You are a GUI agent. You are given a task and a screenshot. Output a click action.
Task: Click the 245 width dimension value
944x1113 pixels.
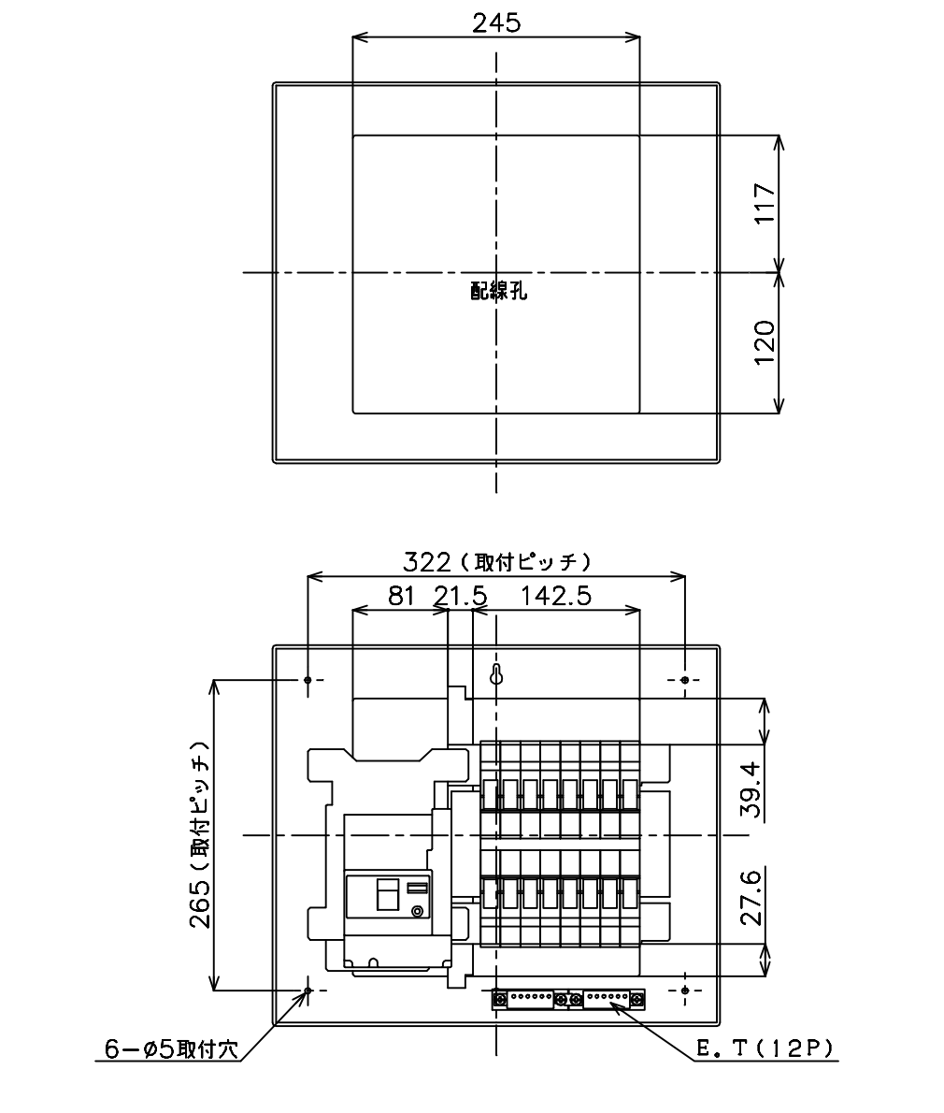pos(495,23)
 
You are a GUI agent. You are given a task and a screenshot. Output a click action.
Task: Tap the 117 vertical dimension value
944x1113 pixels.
pos(765,204)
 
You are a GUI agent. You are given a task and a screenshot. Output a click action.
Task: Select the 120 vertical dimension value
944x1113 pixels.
pos(765,343)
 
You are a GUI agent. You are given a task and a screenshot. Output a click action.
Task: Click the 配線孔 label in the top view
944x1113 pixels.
pos(498,291)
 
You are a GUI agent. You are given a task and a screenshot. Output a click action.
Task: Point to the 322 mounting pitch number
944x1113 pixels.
pos(427,562)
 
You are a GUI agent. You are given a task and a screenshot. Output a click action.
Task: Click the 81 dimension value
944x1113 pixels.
pos(401,596)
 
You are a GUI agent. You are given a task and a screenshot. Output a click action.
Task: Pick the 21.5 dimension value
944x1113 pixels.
pos(461,596)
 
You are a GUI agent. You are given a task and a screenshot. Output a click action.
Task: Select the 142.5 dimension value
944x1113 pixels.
pos(556,596)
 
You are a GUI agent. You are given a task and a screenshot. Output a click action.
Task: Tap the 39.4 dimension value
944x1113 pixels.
pos(751,789)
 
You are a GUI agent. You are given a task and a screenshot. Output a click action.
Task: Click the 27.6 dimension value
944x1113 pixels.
pos(751,897)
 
